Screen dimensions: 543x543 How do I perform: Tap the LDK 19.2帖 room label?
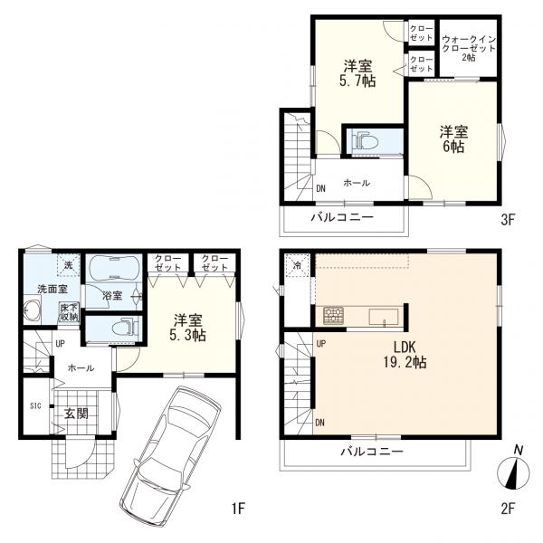405,355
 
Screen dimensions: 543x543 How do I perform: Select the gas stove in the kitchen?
333,316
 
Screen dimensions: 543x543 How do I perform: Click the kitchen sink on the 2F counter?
384,317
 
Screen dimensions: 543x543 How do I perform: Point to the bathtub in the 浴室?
115,268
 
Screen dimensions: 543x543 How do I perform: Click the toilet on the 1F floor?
126,328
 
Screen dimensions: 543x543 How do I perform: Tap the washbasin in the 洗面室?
33,310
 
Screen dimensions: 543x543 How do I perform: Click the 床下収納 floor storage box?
70,312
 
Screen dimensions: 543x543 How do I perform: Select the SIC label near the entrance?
35,405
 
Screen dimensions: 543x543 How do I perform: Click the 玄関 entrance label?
77,414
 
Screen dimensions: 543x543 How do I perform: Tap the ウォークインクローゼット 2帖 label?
469,49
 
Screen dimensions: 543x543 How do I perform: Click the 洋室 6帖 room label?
454,139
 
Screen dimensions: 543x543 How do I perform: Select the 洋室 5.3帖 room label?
188,328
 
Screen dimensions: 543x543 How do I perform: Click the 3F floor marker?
509,220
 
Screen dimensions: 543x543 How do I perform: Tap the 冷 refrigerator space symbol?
297,265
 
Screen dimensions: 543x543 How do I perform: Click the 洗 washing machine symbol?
69,265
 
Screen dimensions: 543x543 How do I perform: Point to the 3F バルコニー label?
342,217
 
